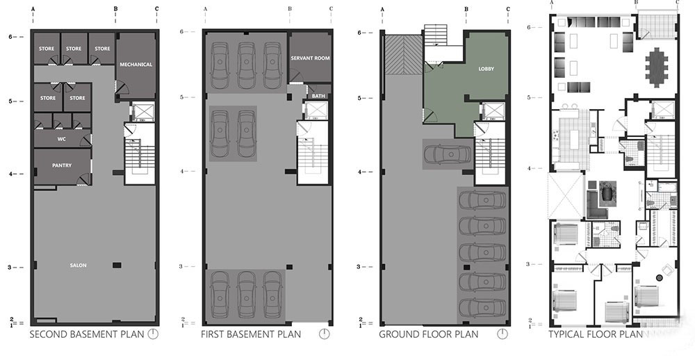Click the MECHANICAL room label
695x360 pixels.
click(136, 64)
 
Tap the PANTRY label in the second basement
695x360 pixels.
click(62, 165)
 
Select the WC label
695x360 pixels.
click(62, 139)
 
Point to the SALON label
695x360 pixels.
click(78, 265)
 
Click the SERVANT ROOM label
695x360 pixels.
click(310, 58)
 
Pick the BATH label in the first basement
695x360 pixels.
click(318, 96)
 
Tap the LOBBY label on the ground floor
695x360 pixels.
click(486, 69)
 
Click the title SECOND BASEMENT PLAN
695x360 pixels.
click(87, 334)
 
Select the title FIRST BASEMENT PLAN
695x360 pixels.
click(251, 334)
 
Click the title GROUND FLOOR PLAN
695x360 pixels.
click(429, 334)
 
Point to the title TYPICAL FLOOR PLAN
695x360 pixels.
click(596, 334)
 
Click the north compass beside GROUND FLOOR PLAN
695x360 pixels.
click(502, 334)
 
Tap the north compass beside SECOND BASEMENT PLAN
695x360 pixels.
click(153, 334)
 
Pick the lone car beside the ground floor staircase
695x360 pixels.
click(447, 154)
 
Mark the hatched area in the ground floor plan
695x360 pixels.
click(403, 54)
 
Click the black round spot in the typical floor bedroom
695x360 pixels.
click(659, 277)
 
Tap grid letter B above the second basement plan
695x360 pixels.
click(115, 8)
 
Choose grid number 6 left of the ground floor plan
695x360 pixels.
click(360, 33)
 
